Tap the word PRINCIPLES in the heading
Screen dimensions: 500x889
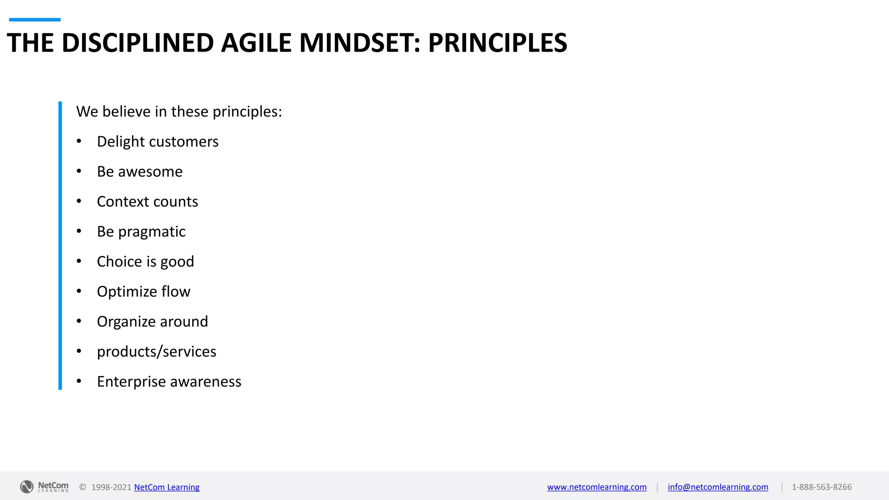[x=497, y=43]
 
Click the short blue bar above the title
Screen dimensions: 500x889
[x=35, y=20]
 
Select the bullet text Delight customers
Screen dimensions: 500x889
[x=158, y=141]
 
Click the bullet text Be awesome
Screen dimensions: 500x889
[x=139, y=171]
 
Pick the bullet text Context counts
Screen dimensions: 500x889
[x=147, y=201]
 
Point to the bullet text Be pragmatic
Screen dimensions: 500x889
[x=141, y=232]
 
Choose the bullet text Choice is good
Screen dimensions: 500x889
[x=145, y=262]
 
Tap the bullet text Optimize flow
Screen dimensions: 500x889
[x=143, y=292]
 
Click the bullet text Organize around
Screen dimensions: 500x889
[x=152, y=322]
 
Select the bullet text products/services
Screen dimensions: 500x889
[x=156, y=352]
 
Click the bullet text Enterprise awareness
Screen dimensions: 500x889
[x=169, y=382]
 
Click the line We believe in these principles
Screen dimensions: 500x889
[x=179, y=112]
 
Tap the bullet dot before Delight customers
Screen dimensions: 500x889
[x=79, y=141]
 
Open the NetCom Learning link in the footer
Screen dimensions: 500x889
[x=167, y=487]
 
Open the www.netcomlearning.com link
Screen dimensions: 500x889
[x=596, y=487]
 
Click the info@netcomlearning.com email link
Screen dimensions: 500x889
[x=718, y=487]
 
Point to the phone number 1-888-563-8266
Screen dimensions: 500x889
[x=821, y=487]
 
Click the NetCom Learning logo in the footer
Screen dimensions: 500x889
[x=44, y=487]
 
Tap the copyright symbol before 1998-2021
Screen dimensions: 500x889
[x=82, y=487]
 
